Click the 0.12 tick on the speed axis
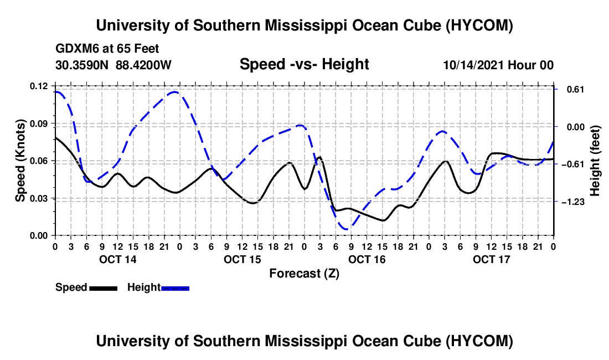38,86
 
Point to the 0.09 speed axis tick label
38,124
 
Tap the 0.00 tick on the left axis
38,236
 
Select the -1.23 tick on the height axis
573,202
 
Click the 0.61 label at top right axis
576,90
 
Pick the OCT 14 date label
118,259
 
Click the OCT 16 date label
367,259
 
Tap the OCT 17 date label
491,259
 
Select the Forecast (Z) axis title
304,274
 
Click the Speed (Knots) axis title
20,161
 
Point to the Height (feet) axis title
595,161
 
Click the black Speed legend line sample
104,288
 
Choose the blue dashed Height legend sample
175,288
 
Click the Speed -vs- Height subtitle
304,64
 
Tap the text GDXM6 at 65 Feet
107,49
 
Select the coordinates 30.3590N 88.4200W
113,65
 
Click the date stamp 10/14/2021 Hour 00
498,65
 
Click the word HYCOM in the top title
479,25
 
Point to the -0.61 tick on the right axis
573,164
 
